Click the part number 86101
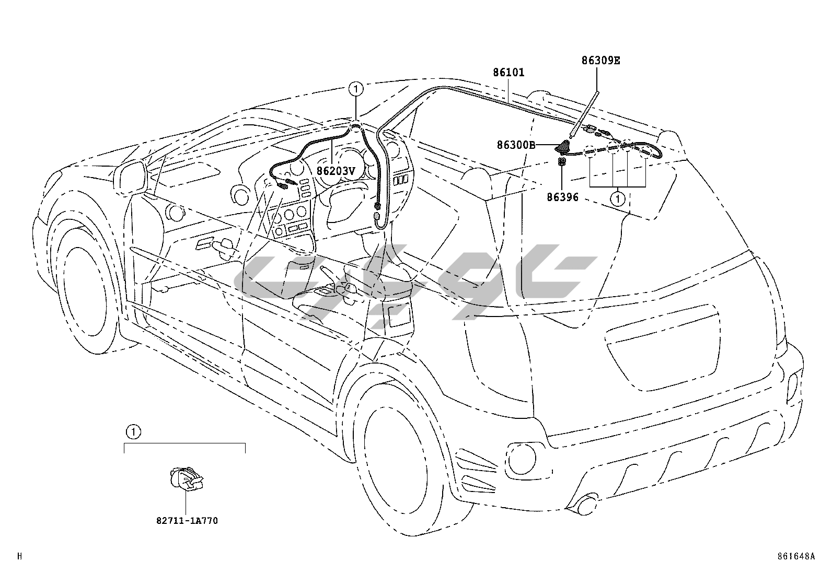[x=509, y=72]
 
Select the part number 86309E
[x=600, y=60]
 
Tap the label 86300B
[x=516, y=145]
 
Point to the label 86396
[x=562, y=197]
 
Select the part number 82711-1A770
[x=187, y=520]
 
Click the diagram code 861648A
[x=796, y=556]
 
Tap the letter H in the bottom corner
[x=19, y=556]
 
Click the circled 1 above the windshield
[x=355, y=89]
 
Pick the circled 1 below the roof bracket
[x=618, y=198]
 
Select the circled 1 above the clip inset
[x=133, y=432]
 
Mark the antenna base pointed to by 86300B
[x=563, y=148]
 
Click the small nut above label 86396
[x=562, y=163]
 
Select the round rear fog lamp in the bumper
[x=520, y=458]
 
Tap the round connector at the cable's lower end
[x=376, y=215]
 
